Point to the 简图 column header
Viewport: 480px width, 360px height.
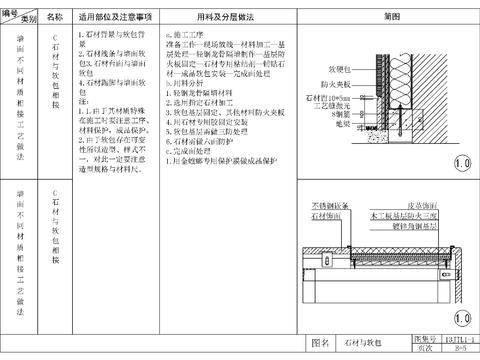pyautogui.click(x=393, y=18)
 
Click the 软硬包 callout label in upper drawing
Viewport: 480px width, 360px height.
pyautogui.click(x=338, y=70)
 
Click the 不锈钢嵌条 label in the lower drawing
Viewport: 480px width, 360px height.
pyautogui.click(x=322, y=204)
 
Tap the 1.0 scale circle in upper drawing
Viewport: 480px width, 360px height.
pyautogui.click(x=462, y=161)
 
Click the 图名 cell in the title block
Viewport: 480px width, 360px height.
pyautogui.click(x=321, y=343)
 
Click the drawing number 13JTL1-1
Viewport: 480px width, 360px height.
pyautogui.click(x=462, y=339)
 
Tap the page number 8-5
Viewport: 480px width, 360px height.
pyautogui.click(x=462, y=348)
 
